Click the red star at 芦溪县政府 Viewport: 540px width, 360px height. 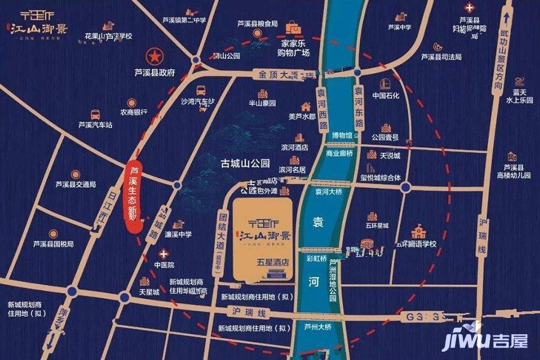tap(155, 57)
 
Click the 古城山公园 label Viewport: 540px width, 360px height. tap(245, 163)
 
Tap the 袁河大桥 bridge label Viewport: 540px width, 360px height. tap(328, 191)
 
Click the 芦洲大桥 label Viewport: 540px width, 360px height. tap(317, 327)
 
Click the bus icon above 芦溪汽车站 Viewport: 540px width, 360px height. tap(95, 114)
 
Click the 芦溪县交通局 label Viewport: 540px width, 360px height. tap(76, 184)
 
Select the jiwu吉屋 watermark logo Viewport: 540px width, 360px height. tap(485, 340)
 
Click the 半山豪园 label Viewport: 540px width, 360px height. tap(262, 103)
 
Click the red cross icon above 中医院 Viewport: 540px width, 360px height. tap(160, 254)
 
